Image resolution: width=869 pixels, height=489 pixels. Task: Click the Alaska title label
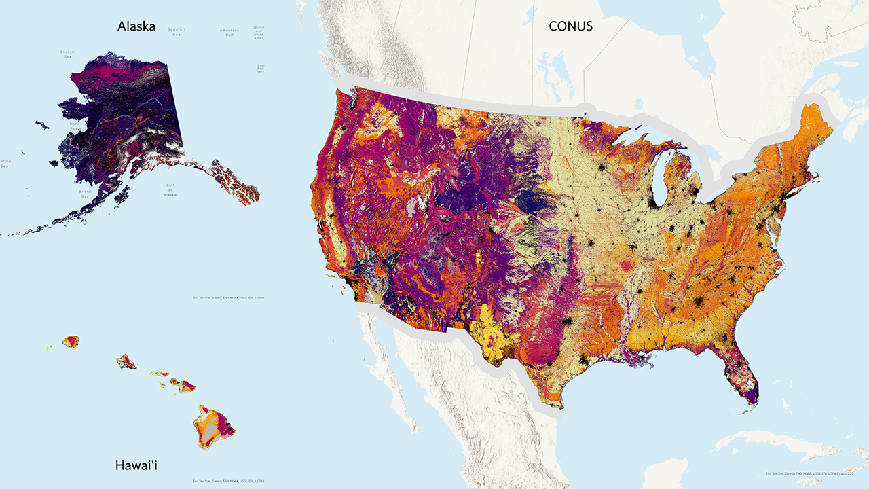click(x=136, y=26)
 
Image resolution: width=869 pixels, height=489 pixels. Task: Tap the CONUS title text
click(x=570, y=26)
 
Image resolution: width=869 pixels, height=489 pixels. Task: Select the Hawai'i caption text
click(x=136, y=465)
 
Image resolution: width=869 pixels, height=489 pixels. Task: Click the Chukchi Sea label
click(x=68, y=54)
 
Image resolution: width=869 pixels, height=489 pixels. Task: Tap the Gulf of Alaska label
click(x=170, y=189)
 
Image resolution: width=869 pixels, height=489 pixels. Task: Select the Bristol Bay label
click(x=85, y=194)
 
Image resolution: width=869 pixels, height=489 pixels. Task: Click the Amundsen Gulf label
click(x=229, y=32)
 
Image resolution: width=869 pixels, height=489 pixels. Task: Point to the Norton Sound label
click(x=75, y=126)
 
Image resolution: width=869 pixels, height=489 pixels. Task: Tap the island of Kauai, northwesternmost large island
click(x=71, y=340)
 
